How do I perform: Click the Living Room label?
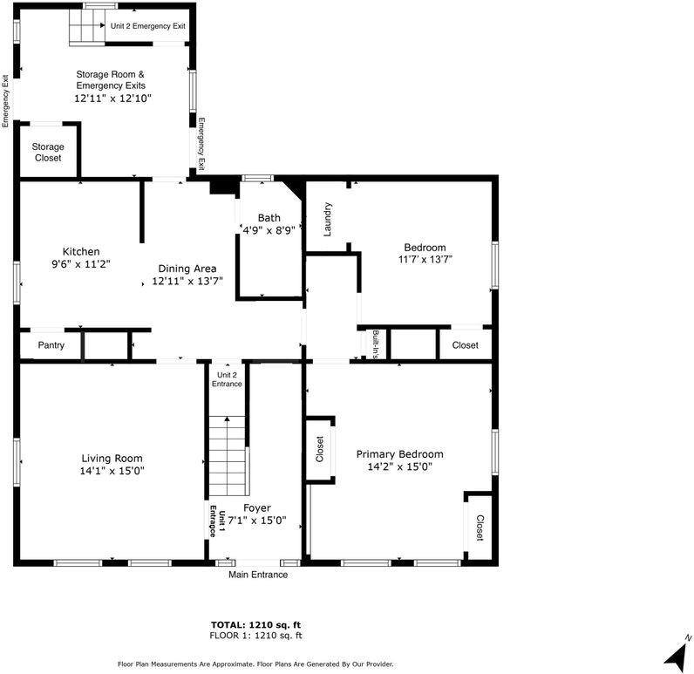tap(112, 458)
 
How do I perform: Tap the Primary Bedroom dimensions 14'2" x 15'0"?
tap(399, 467)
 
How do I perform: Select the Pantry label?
tap(51, 345)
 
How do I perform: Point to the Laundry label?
tap(328, 219)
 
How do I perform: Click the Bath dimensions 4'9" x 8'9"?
tap(269, 230)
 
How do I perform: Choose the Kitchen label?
tap(80, 251)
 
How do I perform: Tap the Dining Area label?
tap(187, 269)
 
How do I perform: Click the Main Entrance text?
tap(258, 575)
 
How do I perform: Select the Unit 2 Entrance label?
tap(227, 378)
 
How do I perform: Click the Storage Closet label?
tap(48, 153)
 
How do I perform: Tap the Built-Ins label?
tap(375, 344)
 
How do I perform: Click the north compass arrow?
tap(675, 651)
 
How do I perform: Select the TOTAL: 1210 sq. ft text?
tap(255, 624)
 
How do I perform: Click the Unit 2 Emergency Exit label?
tap(147, 26)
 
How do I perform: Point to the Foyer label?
tap(256, 507)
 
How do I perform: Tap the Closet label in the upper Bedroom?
tap(465, 345)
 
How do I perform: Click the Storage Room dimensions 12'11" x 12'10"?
tap(112, 99)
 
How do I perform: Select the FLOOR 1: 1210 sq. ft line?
tap(255, 636)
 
